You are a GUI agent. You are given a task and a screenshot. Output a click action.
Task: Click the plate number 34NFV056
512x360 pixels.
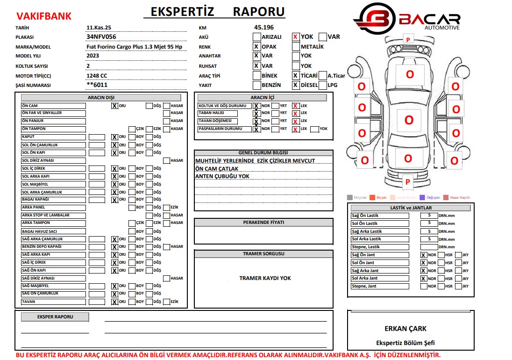pyautogui.click(x=101, y=36)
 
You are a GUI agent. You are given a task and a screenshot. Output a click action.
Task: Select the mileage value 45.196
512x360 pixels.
pyautogui.click(x=264, y=28)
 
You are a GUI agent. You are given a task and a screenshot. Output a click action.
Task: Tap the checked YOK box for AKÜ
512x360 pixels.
pyautogui.click(x=295, y=36)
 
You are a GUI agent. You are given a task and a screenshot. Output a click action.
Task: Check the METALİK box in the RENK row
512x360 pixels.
pyautogui.click(x=295, y=47)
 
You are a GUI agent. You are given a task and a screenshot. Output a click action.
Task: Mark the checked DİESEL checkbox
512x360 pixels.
pyautogui.click(x=295, y=85)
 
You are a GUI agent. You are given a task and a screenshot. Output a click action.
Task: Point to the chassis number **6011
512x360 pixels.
pyautogui.click(x=97, y=85)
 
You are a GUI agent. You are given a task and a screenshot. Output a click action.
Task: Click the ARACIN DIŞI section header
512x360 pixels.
pyautogui.click(x=101, y=98)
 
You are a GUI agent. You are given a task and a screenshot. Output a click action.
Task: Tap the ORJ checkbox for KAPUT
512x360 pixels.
pyautogui.click(x=114, y=137)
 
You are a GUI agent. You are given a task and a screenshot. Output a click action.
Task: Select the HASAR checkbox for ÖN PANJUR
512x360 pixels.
pyautogui.click(x=166, y=121)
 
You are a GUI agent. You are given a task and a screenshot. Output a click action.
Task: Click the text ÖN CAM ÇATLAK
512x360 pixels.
pyautogui.click(x=217, y=169)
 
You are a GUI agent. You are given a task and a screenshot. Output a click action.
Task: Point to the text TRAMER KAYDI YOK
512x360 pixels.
pyautogui.click(x=265, y=278)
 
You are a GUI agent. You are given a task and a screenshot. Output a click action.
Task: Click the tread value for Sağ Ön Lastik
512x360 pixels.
pyautogui.click(x=429, y=216)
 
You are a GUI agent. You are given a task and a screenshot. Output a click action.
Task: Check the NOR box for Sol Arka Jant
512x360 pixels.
pyautogui.click(x=423, y=279)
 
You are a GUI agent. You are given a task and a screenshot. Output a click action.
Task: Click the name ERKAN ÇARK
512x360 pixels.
pyautogui.click(x=405, y=329)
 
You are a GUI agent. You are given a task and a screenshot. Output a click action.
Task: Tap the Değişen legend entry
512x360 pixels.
pyautogui.click(x=430, y=198)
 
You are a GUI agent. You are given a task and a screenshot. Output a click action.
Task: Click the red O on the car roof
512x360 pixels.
pyautogui.click(x=409, y=120)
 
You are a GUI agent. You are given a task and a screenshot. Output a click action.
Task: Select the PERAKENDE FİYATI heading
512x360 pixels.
pyautogui.click(x=263, y=223)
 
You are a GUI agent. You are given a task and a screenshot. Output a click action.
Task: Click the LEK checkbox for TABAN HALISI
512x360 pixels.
pyautogui.click(x=295, y=114)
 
